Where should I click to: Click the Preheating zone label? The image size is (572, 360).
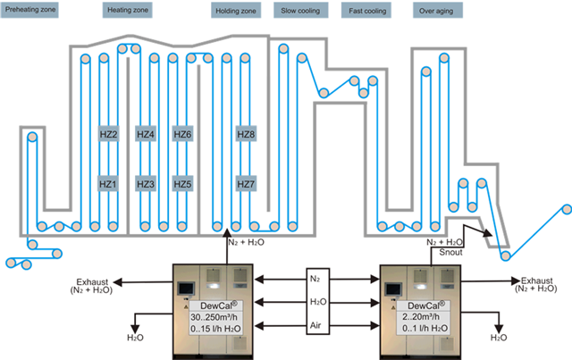30,12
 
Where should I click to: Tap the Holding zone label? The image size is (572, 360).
236,13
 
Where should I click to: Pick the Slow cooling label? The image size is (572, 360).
301,13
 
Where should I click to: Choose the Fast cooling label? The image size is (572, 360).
367,13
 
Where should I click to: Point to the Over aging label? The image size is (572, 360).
436,13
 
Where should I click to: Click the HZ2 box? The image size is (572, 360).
108,134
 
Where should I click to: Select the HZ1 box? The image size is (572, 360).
108,184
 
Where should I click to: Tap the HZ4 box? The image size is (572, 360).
146,134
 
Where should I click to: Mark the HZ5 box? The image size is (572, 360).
182,184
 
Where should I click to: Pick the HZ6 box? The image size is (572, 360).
182,134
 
